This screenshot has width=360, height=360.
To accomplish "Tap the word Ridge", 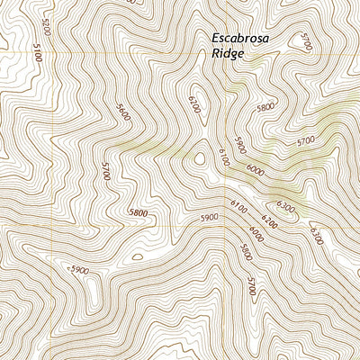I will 227,54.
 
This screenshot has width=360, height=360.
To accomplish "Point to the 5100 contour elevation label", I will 36,55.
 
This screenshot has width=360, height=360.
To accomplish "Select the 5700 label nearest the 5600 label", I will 106,171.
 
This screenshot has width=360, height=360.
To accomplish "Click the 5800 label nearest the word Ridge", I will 265,107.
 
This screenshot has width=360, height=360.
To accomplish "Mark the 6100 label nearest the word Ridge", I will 193,104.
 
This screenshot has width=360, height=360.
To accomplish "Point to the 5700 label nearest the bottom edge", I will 252,286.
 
